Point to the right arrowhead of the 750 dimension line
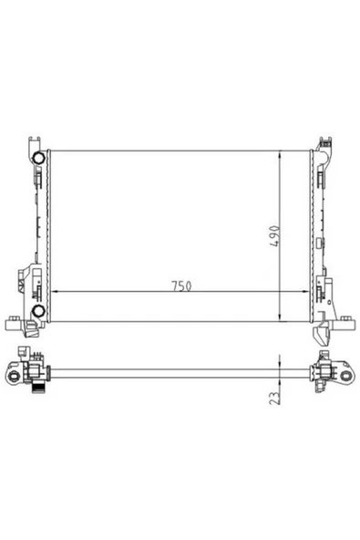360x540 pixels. pyautogui.click(x=306, y=291)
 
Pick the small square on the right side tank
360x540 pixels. pyautogui.click(x=320, y=295)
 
